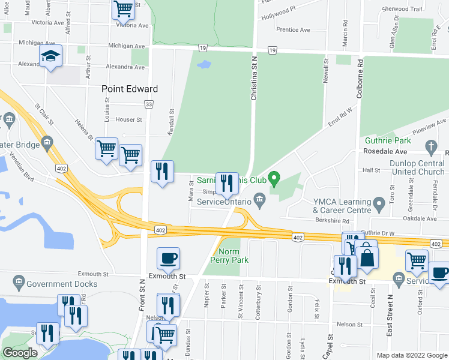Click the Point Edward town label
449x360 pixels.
[130, 89]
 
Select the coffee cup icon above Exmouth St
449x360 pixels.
[168, 259]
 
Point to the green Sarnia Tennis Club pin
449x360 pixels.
[274, 178]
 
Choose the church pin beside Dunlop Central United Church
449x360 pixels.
[430, 146]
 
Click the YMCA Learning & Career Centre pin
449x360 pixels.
[379, 205]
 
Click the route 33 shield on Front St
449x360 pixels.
[148, 104]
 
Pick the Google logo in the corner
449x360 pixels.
[20, 353]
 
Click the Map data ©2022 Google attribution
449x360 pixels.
[411, 355]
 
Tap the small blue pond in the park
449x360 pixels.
[204, 63]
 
